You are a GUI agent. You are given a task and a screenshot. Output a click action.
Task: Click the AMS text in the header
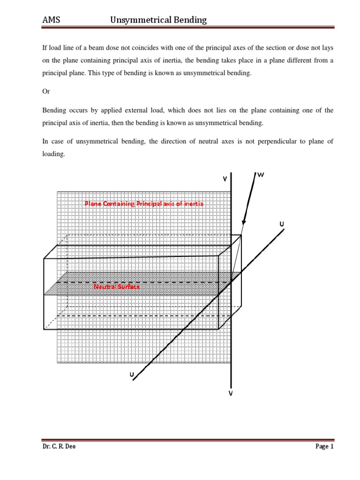tap(51, 20)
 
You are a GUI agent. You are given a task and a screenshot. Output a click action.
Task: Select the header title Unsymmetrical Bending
tap(158, 20)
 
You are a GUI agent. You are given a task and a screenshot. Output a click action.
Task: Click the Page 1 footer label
tap(324, 447)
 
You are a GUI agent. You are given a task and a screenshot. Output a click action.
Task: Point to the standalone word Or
tap(46, 91)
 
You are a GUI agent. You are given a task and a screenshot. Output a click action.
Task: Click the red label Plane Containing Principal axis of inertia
tap(144, 203)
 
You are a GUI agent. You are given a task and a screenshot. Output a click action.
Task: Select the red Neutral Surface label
tap(117, 286)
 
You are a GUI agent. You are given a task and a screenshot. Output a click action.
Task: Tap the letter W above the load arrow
tap(261, 175)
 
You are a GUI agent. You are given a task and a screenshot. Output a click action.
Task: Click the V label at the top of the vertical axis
tap(225, 179)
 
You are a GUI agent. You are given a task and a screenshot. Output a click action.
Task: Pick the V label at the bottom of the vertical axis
tap(231, 393)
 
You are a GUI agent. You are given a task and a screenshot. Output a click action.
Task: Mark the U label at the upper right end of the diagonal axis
tap(282, 225)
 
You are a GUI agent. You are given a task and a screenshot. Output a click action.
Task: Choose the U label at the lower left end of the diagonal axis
tap(132, 374)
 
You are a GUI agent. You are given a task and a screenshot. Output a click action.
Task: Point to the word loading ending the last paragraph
tap(53, 153)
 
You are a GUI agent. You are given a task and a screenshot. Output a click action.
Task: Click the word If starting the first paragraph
tap(45, 48)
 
